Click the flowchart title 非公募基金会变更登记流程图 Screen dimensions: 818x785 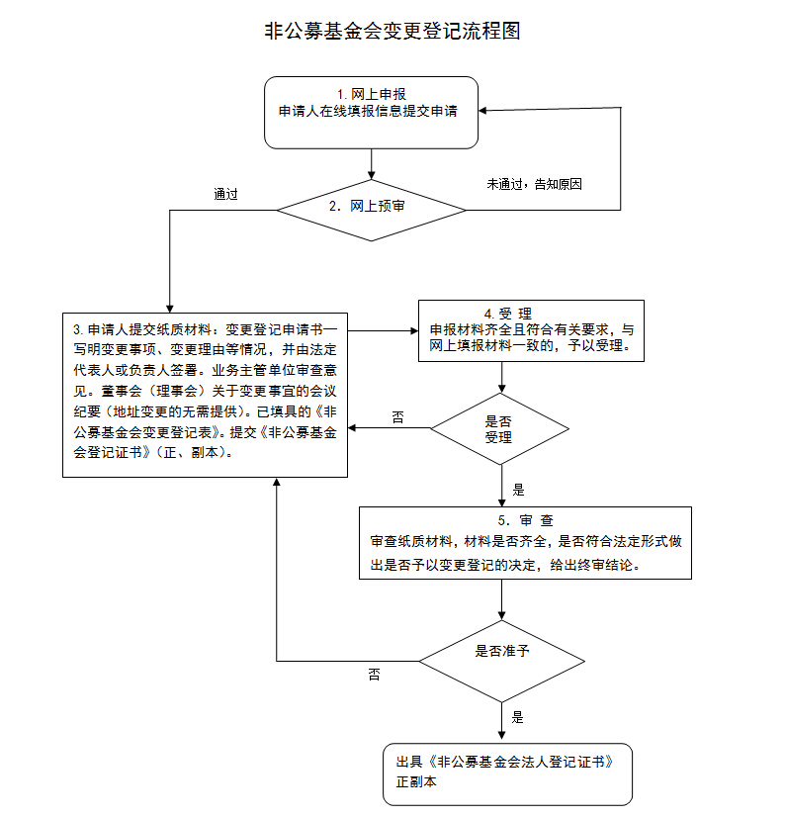392,31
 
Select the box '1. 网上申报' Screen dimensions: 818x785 371,112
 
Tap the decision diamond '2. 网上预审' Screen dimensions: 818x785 371,208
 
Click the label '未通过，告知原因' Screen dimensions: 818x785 534,184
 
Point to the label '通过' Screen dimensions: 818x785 226,194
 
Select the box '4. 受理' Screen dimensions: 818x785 531,330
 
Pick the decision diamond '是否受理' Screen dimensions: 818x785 500,429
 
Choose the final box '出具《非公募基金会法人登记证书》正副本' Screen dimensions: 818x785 507,772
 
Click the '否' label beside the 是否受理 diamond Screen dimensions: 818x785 397,418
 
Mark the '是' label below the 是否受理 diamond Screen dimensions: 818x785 518,490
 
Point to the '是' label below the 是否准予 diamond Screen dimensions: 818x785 517,717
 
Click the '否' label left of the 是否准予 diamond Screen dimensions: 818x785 375,675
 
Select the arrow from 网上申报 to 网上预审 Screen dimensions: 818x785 371,164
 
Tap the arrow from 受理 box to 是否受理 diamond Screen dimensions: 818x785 502,377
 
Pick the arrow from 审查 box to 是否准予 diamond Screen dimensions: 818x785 502,600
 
